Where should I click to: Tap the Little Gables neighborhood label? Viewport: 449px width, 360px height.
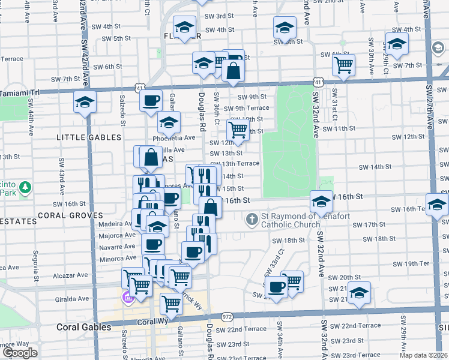point(88,137)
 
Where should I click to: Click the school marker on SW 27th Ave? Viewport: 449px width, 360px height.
point(436,204)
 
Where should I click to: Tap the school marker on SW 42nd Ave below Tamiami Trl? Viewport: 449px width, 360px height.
point(85,102)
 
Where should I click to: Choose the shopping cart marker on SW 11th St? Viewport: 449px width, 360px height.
point(238,130)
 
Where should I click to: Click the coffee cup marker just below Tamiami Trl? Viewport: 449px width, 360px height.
point(151,100)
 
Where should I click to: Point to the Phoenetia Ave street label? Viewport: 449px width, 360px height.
point(174,137)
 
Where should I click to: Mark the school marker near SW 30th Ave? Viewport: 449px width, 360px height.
point(397,43)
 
